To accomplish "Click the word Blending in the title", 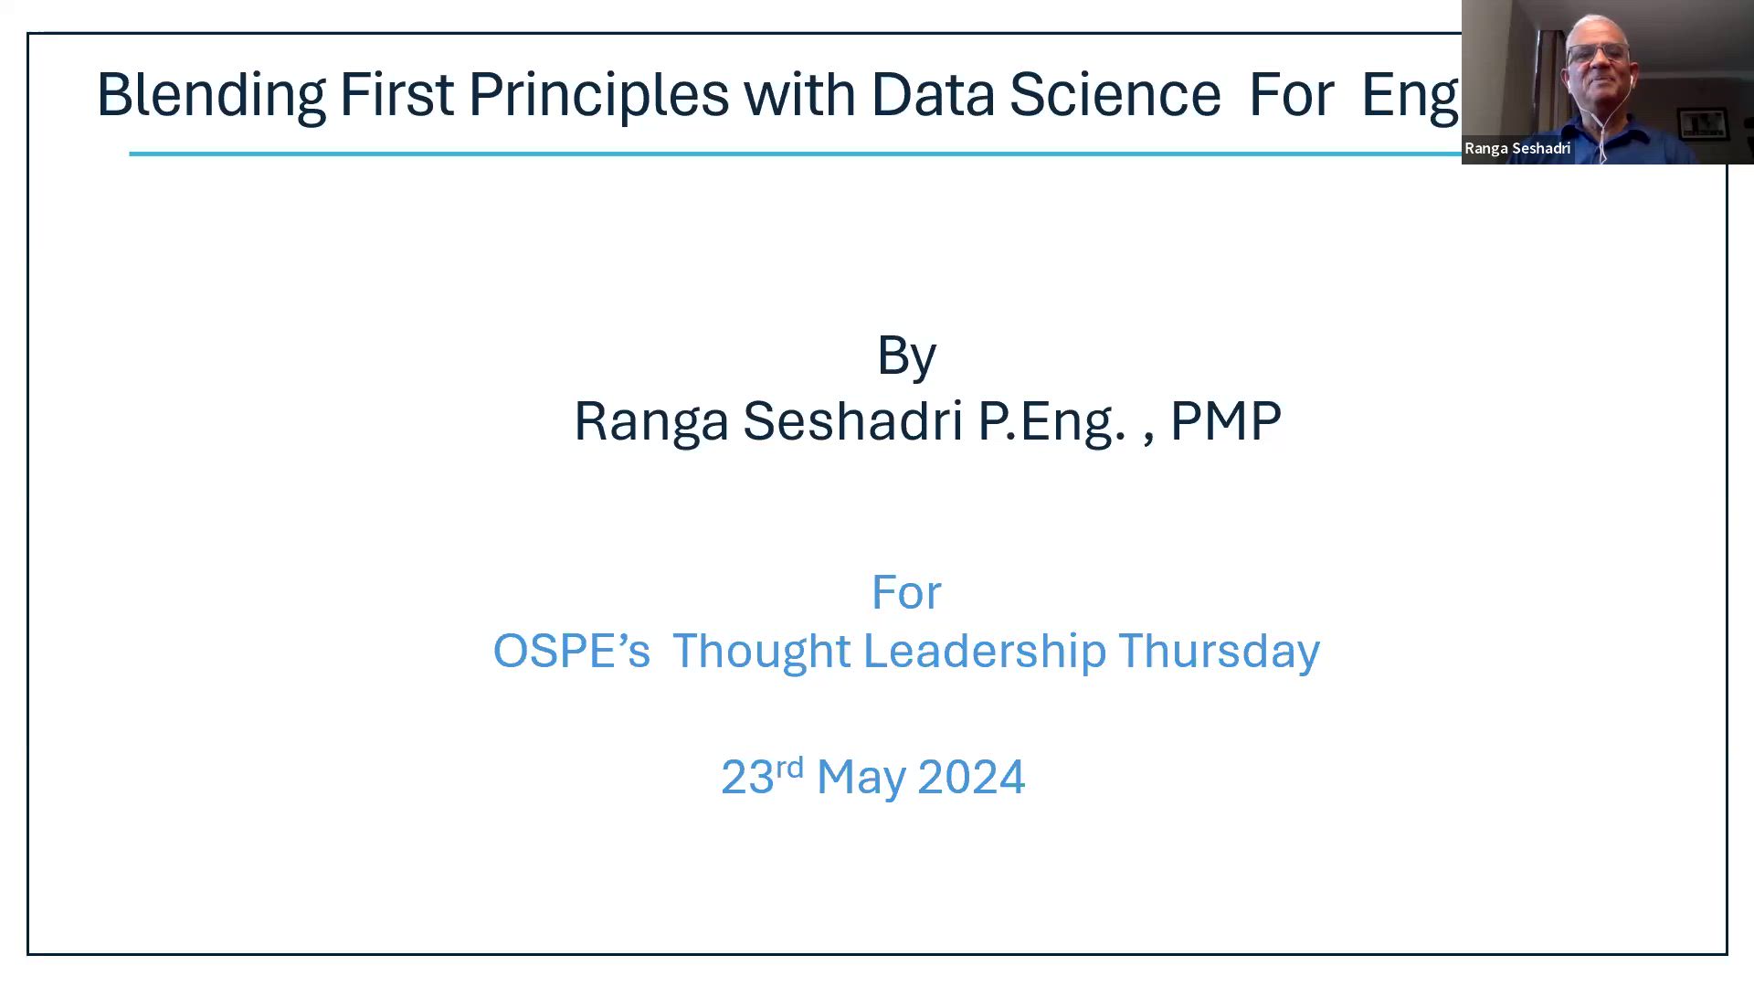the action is tap(211, 95).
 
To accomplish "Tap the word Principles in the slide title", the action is tap(598, 95).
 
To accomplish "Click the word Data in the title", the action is tap(933, 94).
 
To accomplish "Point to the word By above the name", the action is tap(906, 356).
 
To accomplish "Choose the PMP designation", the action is tap(1225, 421).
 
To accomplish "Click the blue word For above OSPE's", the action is tap(906, 593).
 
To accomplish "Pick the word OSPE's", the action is tap(572, 651).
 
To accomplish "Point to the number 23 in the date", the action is tap(747, 778).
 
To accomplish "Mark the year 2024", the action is tap(971, 778).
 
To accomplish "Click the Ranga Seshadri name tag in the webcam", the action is tap(1517, 148).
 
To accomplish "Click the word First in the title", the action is tap(396, 94).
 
